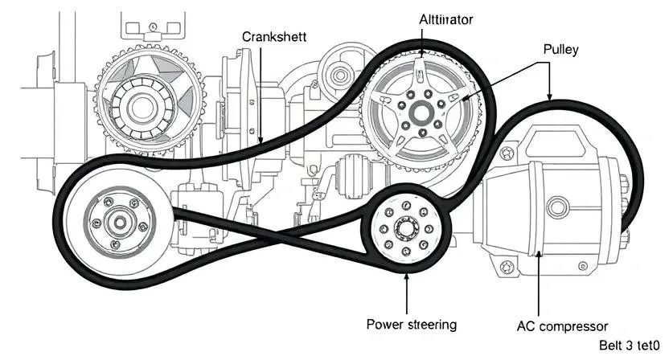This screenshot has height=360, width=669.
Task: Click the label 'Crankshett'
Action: (273, 37)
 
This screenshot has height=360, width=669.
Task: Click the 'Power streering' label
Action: (411, 325)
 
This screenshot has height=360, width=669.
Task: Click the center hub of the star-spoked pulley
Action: (421, 110)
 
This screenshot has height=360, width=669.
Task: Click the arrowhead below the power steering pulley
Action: (407, 278)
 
